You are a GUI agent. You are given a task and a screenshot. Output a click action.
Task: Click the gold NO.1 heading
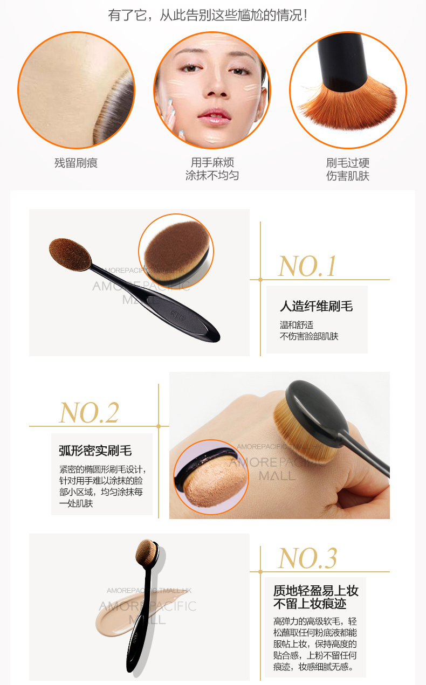[307, 266]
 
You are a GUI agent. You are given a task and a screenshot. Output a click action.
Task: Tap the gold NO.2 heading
[89, 413]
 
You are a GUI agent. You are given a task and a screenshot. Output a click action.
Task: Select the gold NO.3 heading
[307, 558]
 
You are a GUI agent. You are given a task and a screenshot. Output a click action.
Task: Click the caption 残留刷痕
[76, 163]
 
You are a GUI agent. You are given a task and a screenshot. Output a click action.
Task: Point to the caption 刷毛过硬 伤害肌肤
[348, 169]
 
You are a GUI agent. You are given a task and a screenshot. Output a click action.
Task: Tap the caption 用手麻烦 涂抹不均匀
[212, 169]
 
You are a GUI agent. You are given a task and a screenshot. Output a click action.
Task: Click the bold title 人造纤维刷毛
[317, 306]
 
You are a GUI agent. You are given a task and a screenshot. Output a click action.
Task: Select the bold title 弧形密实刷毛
[95, 451]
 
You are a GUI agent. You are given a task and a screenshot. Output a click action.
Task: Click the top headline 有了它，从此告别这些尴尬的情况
[208, 15]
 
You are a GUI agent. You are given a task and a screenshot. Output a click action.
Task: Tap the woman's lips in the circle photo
[215, 116]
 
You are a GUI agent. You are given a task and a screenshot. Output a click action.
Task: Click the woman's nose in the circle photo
[217, 86]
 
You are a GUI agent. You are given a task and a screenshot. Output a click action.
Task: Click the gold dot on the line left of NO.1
[260, 280]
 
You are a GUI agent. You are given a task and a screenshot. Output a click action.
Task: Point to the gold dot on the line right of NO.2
[159, 426]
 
